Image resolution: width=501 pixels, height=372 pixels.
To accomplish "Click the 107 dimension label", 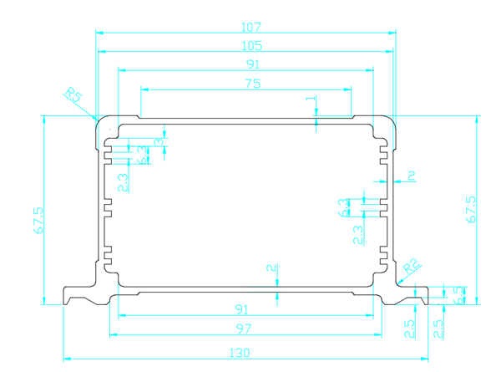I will pyautogui.click(x=245, y=25).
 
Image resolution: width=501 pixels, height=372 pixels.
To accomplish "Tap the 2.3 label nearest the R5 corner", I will pyautogui.click(x=123, y=181).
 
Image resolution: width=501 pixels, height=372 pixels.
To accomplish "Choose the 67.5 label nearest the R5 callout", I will pyautogui.click(x=39, y=221).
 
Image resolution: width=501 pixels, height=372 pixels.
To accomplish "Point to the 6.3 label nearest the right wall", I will pyautogui.click(x=343, y=205).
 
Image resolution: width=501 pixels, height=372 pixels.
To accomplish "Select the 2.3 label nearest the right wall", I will pyautogui.click(x=357, y=234).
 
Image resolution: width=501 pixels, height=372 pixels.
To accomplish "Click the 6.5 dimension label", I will pyautogui.click(x=457, y=293).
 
